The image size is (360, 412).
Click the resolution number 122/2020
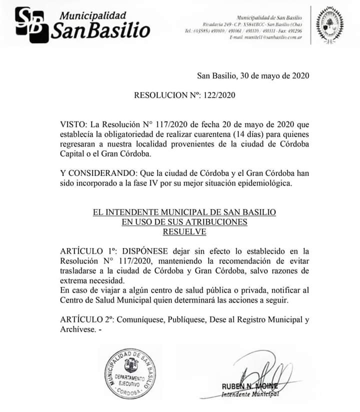point(219,94)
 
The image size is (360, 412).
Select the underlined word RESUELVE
point(184,231)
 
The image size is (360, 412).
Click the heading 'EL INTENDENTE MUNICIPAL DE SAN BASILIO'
point(184,212)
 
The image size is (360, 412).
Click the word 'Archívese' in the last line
point(76,330)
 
